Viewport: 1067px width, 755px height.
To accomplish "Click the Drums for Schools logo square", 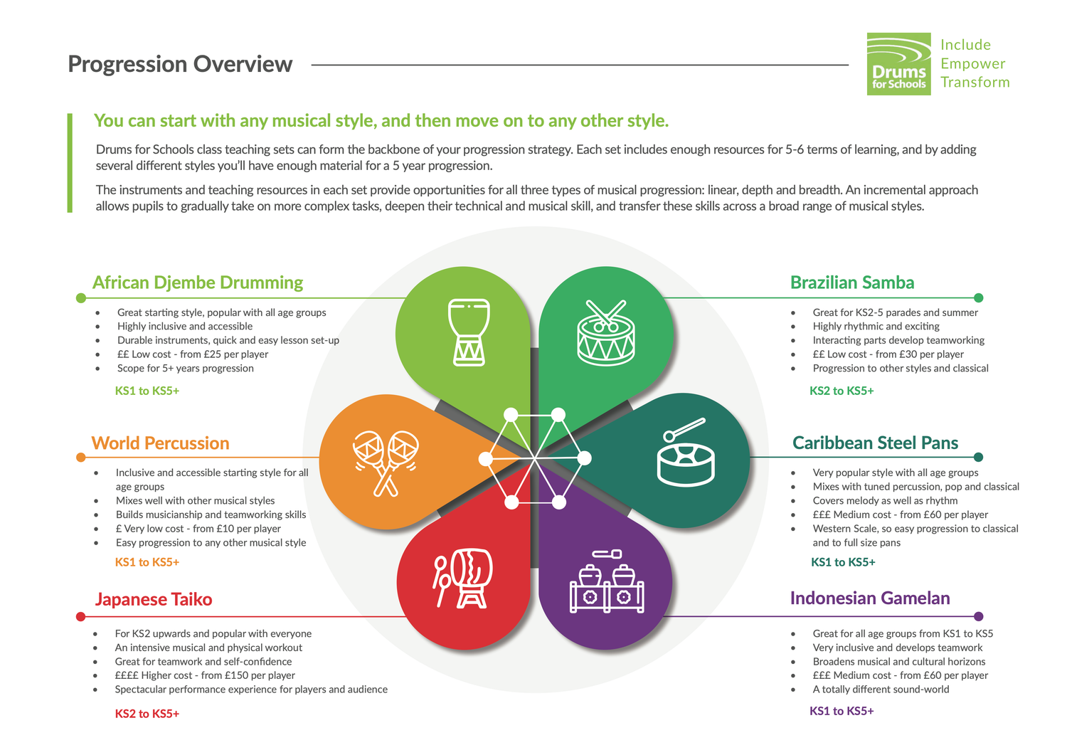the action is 898,64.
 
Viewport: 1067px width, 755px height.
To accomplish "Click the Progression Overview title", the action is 180,64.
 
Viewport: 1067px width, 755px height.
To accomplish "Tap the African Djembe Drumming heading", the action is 198,283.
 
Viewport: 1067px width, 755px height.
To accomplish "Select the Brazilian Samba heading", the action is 852,283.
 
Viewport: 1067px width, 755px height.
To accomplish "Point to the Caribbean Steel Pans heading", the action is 875,443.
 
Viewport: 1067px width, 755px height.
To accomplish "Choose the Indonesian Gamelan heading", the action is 870,598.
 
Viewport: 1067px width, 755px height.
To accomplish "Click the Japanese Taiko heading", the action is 154,599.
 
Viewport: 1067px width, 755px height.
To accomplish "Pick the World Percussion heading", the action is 161,443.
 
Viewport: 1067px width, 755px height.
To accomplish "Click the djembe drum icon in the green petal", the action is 469,332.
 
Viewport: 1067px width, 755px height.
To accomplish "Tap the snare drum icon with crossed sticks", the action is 606,333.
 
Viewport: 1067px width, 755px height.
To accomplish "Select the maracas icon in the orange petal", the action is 386,463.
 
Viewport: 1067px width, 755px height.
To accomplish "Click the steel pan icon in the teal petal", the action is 686,452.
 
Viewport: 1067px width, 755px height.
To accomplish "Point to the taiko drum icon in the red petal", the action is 462,578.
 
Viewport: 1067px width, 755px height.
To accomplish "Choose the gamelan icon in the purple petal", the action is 607,581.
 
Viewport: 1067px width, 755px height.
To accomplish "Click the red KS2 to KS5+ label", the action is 147,714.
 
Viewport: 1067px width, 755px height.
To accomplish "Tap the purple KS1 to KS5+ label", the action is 842,711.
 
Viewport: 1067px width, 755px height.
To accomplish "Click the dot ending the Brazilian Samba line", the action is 978,298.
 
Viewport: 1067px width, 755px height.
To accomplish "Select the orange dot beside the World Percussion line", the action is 81,458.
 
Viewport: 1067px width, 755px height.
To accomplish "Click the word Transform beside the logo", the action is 975,83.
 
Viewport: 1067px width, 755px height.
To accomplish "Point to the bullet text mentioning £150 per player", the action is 205,675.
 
